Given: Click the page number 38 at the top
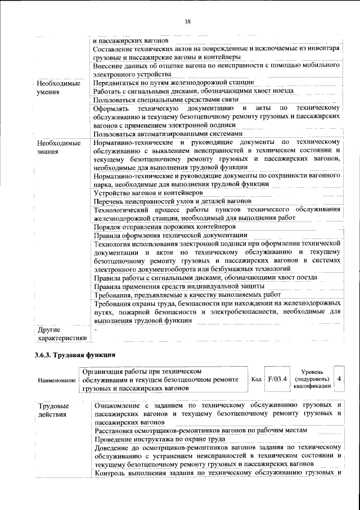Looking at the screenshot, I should click(188, 22).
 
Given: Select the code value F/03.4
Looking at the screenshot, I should click(277, 379).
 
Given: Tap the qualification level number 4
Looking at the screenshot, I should click(339, 379).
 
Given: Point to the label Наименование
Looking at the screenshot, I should click(57, 381).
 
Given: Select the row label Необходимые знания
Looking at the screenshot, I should click(55, 147).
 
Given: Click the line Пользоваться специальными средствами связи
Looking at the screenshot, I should click(163, 100).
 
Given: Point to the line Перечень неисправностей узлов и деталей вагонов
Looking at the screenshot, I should click(172, 201).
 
